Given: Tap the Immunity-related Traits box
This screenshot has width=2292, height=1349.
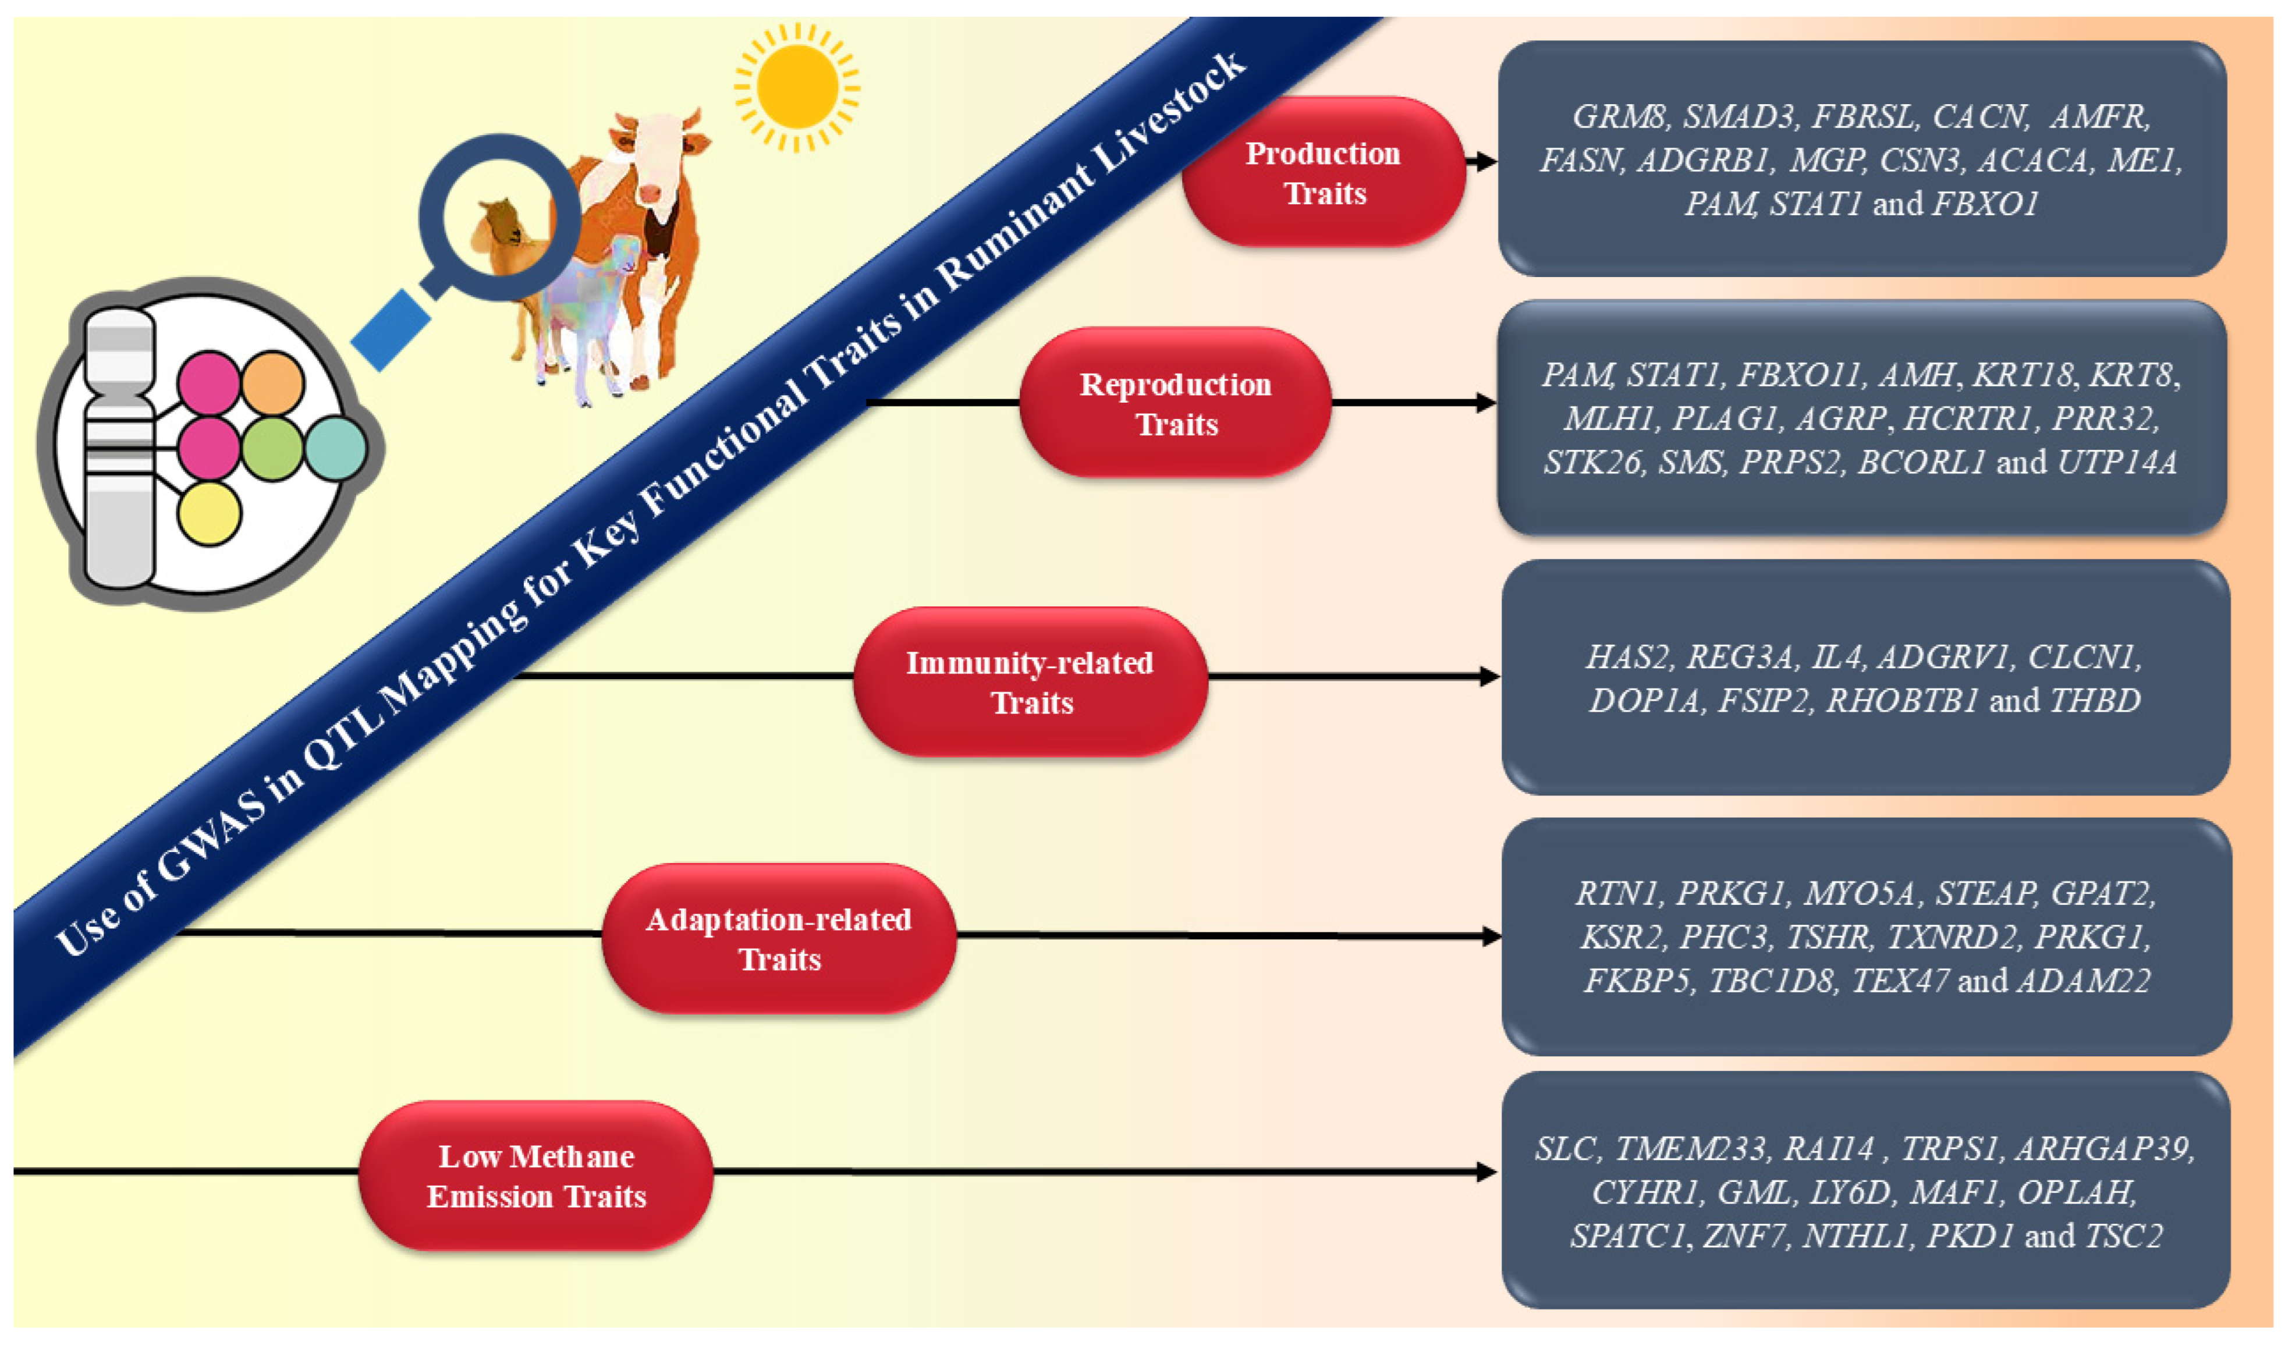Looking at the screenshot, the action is pyautogui.click(x=1031, y=682).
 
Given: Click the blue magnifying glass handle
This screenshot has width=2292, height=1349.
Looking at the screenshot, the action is pyautogui.click(x=391, y=330).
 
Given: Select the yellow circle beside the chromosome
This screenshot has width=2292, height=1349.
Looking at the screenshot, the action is pyautogui.click(x=209, y=514).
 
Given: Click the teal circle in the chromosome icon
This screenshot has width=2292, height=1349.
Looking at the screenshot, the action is pyautogui.click(x=336, y=449).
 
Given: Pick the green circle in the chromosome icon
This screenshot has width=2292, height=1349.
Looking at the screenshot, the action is pyautogui.click(x=272, y=449).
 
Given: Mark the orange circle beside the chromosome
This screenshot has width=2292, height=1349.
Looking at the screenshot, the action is pyautogui.click(x=272, y=383).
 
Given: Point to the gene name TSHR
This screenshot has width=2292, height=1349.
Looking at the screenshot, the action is pyautogui.click(x=1828, y=937).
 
